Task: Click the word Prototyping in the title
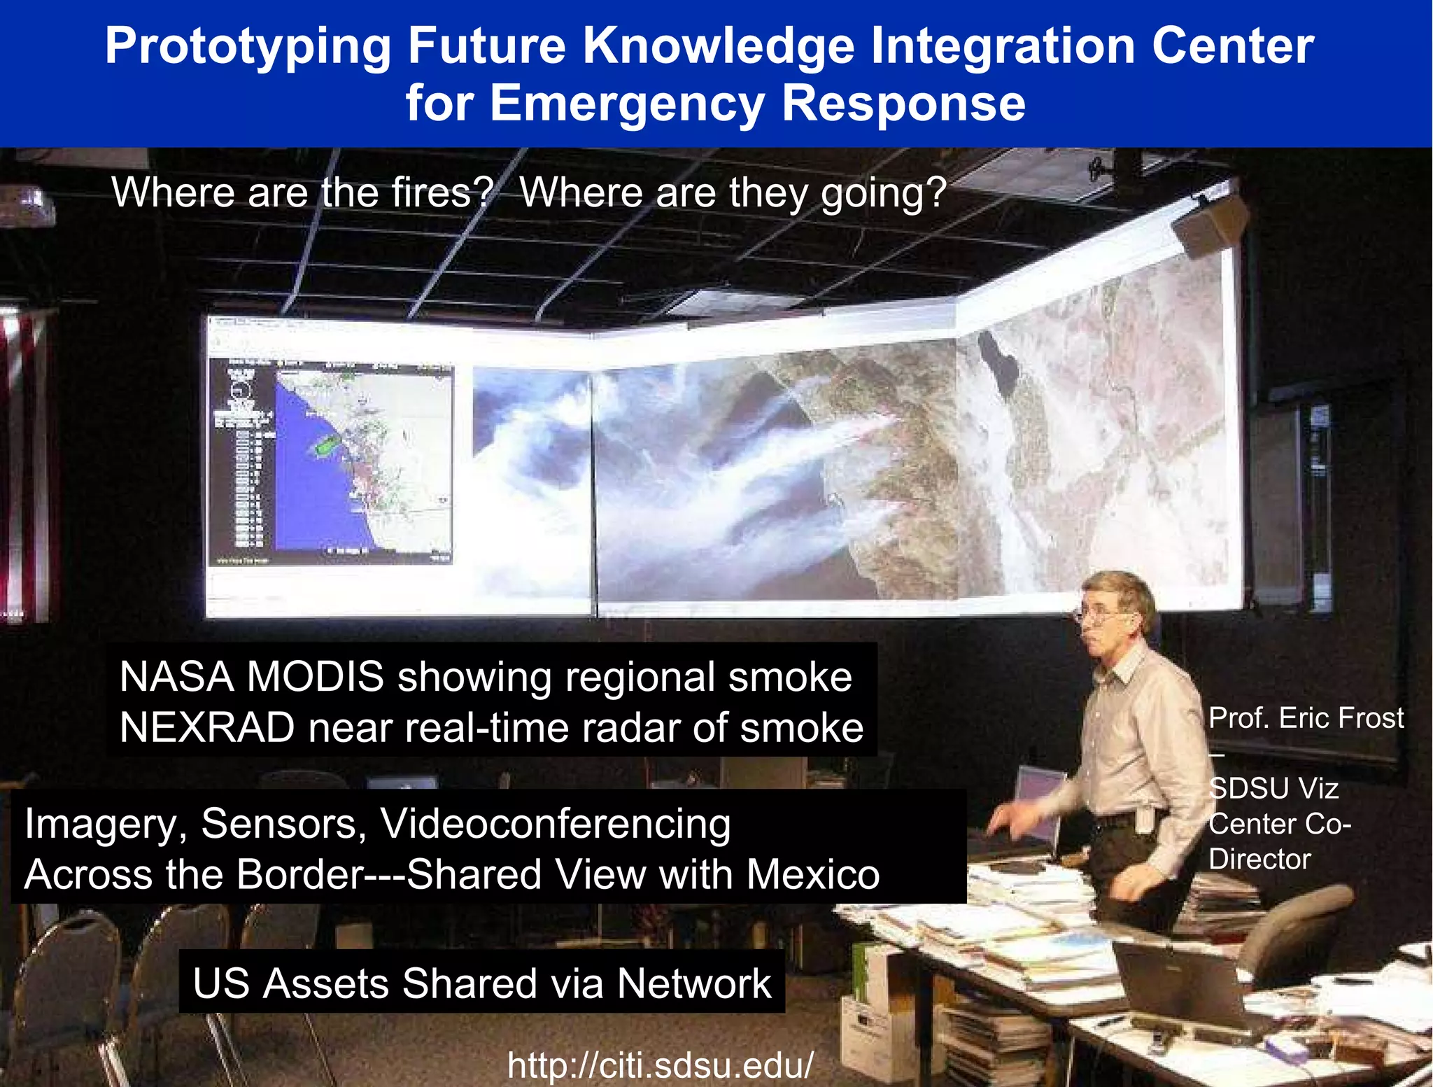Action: pos(248,46)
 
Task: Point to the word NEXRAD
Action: pos(207,728)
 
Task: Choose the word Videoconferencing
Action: pos(556,824)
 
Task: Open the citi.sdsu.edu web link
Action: pos(661,1065)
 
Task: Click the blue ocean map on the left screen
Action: pos(315,490)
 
